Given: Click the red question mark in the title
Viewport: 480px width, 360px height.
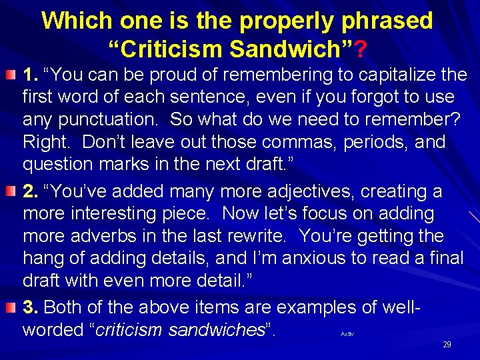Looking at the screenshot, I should tap(360, 49).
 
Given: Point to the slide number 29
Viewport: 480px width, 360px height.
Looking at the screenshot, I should tap(447, 345).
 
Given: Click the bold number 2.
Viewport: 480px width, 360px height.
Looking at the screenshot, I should tap(30, 192).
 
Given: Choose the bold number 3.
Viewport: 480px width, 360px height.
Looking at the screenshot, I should tap(30, 307).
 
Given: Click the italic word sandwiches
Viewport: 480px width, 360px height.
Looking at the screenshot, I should tap(221, 330).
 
